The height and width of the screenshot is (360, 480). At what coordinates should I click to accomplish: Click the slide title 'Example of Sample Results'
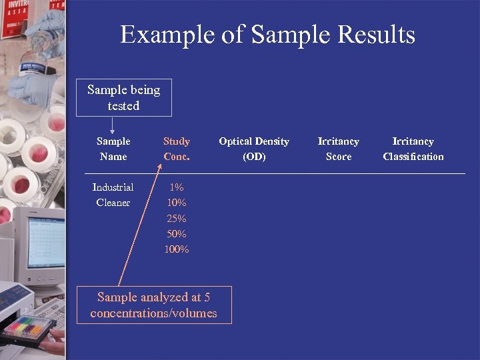(x=267, y=35)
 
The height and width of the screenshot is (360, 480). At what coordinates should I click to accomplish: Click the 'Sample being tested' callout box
(x=124, y=98)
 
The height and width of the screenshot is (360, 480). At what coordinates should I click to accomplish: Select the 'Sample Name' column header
(x=113, y=149)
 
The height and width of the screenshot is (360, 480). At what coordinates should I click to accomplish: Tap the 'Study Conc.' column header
(x=177, y=149)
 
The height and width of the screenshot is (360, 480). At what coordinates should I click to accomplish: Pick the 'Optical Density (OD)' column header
(x=254, y=149)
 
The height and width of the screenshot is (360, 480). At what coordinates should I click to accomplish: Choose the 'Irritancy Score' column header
(x=339, y=149)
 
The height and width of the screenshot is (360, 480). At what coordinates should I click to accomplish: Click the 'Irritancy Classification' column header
(x=413, y=149)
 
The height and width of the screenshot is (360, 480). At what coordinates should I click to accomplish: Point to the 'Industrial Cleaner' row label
(x=113, y=195)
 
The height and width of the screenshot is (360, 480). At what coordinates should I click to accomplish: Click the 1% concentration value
(x=177, y=187)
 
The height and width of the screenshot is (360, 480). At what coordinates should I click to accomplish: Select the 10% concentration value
(x=177, y=203)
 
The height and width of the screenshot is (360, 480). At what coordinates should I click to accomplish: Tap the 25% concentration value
(x=177, y=219)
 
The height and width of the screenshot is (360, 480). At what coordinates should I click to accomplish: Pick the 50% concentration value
(x=177, y=234)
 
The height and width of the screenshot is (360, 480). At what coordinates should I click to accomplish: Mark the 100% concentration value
(x=177, y=249)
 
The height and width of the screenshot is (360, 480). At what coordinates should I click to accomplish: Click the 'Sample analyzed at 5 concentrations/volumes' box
(x=154, y=305)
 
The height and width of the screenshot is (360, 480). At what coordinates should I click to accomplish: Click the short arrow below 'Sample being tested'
(x=112, y=125)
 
